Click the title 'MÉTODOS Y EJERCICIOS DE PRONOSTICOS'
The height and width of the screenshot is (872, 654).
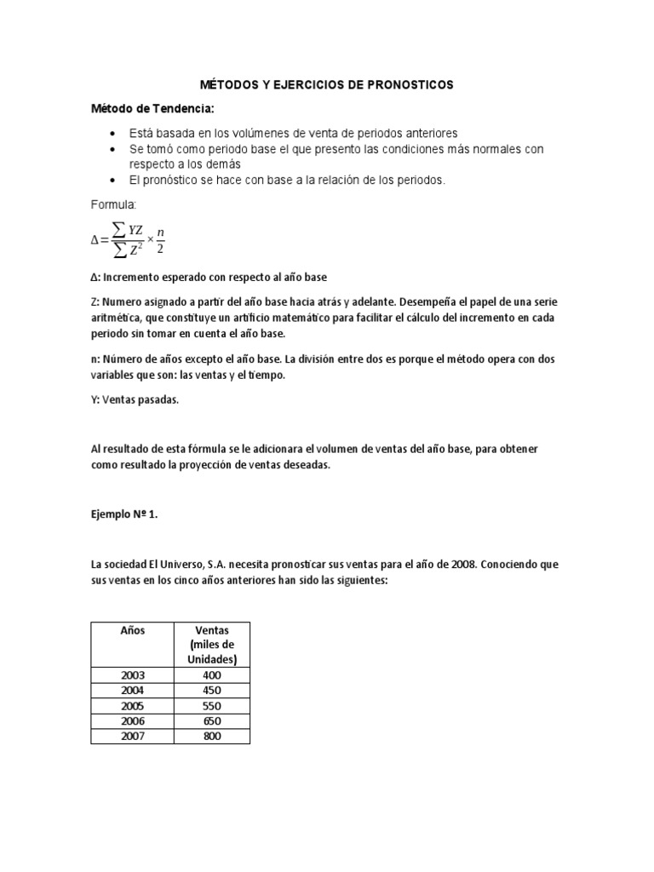coord(326,85)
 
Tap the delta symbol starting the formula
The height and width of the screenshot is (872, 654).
coord(95,240)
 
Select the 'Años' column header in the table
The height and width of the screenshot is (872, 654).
coord(132,631)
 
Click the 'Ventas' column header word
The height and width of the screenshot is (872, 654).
coord(211,631)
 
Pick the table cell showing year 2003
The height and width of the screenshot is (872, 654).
coord(132,674)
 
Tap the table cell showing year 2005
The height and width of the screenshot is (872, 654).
coord(132,706)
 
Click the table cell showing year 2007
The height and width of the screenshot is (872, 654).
coord(132,736)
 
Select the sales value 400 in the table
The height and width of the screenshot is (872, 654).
coord(211,674)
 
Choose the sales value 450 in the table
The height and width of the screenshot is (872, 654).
coord(211,690)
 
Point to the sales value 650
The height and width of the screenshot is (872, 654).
coord(211,721)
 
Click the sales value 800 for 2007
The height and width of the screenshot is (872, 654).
coord(211,736)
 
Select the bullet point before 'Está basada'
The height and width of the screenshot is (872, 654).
coord(113,134)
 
